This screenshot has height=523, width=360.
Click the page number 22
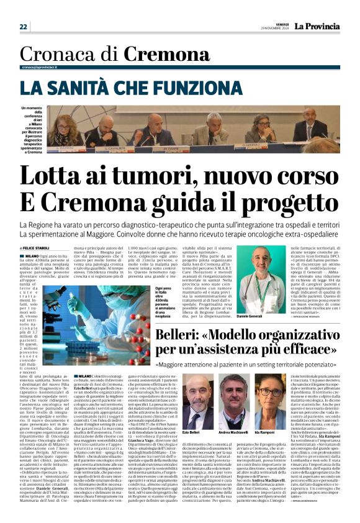[24, 27]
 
